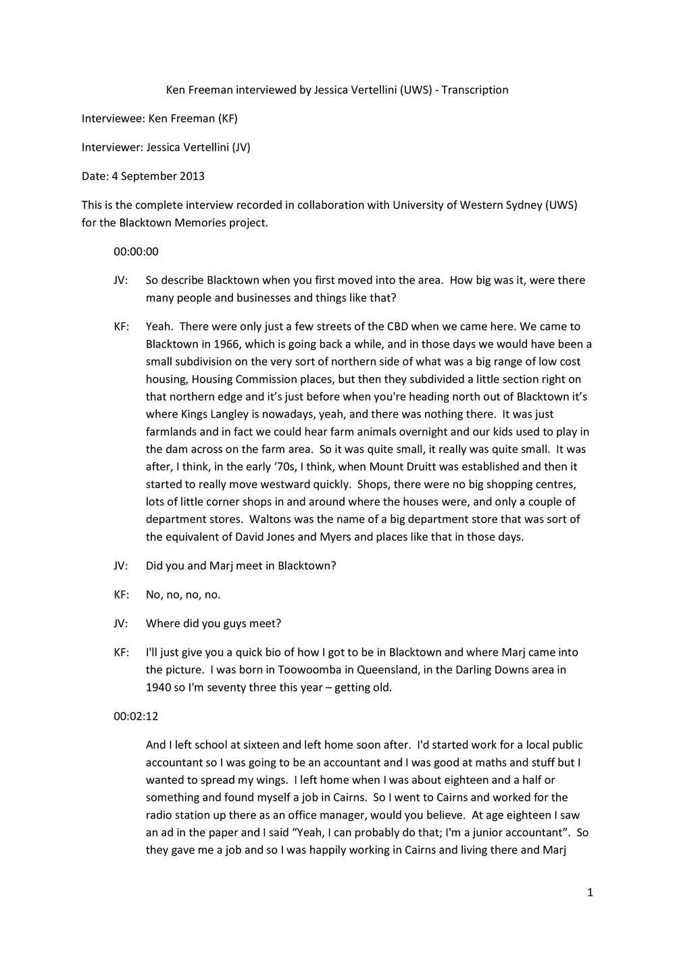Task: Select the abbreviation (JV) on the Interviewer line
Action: pos(241,147)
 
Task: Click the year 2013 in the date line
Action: pos(192,176)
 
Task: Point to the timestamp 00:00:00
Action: pos(136,251)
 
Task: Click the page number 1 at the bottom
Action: pos(590,893)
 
